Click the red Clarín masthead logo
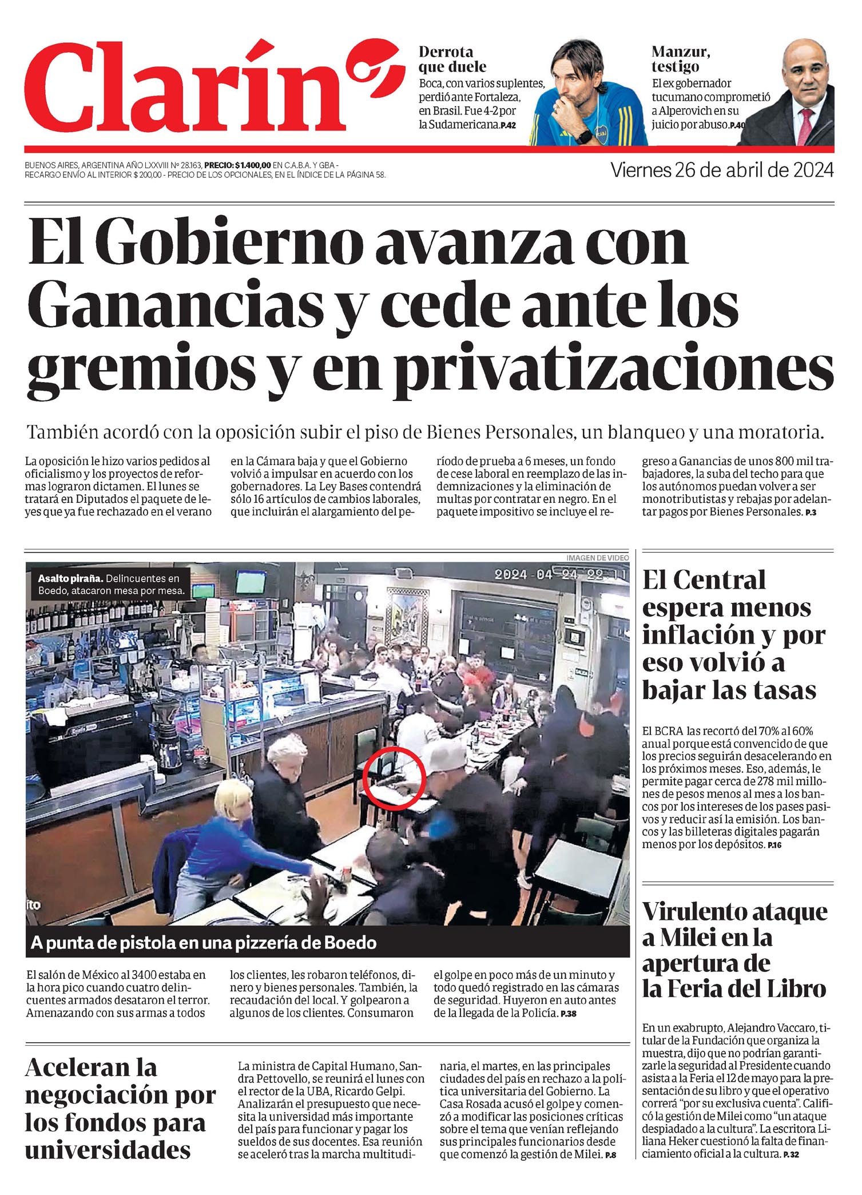pyautogui.click(x=189, y=86)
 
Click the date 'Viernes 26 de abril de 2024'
pyautogui.click(x=722, y=170)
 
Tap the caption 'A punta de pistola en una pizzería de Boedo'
pyautogui.click(x=204, y=943)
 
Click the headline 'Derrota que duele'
pyautogui.click(x=452, y=59)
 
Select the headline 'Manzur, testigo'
pyautogui.click(x=681, y=59)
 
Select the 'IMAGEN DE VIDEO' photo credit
pyautogui.click(x=597, y=557)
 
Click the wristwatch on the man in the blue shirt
pyautogui.click(x=584, y=137)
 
